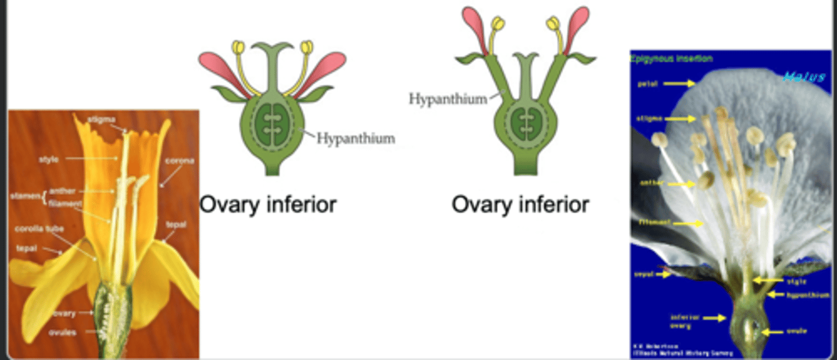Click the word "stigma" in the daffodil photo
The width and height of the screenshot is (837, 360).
pos(98,119)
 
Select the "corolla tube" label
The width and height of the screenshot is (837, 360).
pos(39,229)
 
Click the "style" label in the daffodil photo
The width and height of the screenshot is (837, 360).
pos(48,158)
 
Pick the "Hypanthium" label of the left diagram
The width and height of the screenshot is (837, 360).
pos(356,138)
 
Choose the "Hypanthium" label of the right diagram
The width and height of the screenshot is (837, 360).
pos(448,99)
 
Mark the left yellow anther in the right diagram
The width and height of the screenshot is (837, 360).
pos(498,24)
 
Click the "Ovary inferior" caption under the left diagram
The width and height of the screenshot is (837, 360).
pos(268,205)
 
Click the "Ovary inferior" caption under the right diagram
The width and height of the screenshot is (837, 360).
pos(520,205)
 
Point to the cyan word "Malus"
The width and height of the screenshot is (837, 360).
pos(803,77)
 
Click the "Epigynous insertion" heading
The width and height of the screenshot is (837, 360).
pos(671,59)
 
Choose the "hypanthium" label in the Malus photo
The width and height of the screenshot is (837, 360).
pos(808,295)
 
